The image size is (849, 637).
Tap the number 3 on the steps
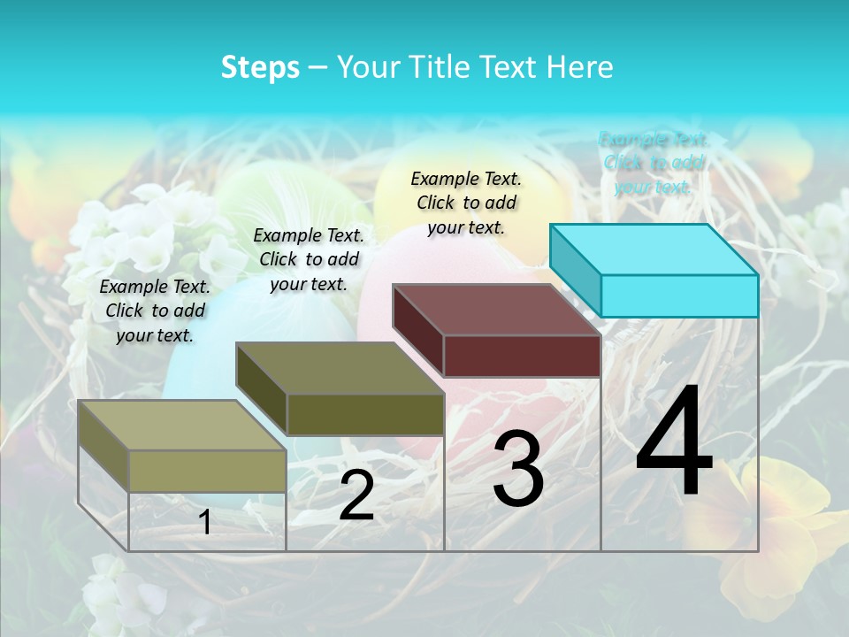(x=518, y=470)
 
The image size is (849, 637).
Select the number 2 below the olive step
(x=356, y=495)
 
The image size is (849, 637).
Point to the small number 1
(x=205, y=523)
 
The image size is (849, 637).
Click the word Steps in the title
(x=260, y=67)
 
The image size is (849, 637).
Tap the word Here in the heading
(x=577, y=67)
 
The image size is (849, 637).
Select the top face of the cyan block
(x=654, y=249)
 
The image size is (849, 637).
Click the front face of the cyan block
(x=679, y=295)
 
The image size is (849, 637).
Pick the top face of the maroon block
(x=497, y=310)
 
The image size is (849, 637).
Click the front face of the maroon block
(x=522, y=356)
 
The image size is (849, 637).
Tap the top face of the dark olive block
(x=340, y=368)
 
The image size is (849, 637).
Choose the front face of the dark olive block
(x=365, y=414)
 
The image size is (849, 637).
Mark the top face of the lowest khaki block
(x=182, y=426)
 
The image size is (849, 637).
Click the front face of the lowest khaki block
(x=207, y=471)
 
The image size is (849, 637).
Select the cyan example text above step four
(x=654, y=163)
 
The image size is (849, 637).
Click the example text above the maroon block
(x=466, y=203)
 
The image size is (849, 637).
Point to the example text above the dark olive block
(x=309, y=259)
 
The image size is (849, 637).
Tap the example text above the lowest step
(x=155, y=311)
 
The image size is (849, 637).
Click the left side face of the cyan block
(x=576, y=269)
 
